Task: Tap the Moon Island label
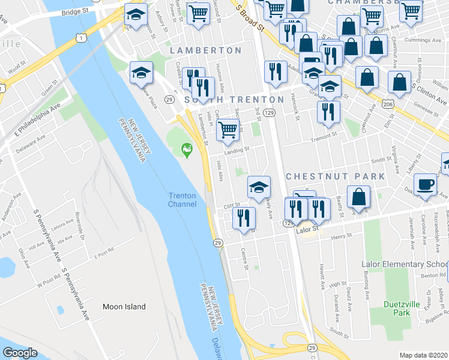124,307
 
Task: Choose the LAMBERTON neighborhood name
205,50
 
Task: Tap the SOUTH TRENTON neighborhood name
234,99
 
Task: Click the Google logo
20,352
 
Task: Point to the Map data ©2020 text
424,355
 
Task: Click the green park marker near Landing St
187,148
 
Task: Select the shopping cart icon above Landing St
228,129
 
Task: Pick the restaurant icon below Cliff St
243,217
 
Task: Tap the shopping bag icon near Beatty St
358,197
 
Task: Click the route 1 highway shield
80,38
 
